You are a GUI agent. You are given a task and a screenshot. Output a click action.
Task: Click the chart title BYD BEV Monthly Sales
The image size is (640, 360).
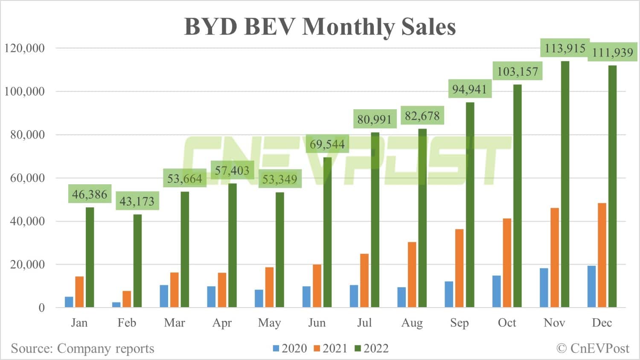320,26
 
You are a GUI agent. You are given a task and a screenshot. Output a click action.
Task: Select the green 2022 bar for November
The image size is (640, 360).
565,183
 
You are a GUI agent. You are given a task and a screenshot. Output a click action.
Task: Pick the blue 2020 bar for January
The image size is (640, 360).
69,302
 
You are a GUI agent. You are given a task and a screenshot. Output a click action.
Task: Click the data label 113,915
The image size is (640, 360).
565,48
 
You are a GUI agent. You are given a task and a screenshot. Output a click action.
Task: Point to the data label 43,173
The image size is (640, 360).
137,201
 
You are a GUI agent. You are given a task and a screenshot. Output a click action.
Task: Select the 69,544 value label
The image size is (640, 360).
327,144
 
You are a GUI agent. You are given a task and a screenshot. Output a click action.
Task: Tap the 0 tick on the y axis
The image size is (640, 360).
41,308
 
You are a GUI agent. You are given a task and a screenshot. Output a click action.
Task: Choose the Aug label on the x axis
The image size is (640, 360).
412,323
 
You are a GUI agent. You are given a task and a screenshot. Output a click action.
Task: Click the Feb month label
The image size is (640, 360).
127,323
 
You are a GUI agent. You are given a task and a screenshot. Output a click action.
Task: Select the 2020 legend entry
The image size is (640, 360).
290,348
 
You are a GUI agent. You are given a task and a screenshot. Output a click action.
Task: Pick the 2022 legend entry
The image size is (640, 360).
372,348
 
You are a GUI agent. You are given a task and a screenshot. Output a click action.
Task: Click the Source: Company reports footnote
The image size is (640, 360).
82,348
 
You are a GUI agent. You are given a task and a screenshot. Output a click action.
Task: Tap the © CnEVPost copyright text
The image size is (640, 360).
593,348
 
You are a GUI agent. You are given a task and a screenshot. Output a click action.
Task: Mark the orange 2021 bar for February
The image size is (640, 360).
127,299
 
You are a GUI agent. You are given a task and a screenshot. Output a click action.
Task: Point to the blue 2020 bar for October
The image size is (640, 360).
497,291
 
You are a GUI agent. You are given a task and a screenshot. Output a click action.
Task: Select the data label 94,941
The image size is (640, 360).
469,90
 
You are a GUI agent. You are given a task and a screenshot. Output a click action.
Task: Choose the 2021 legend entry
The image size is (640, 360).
331,348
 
